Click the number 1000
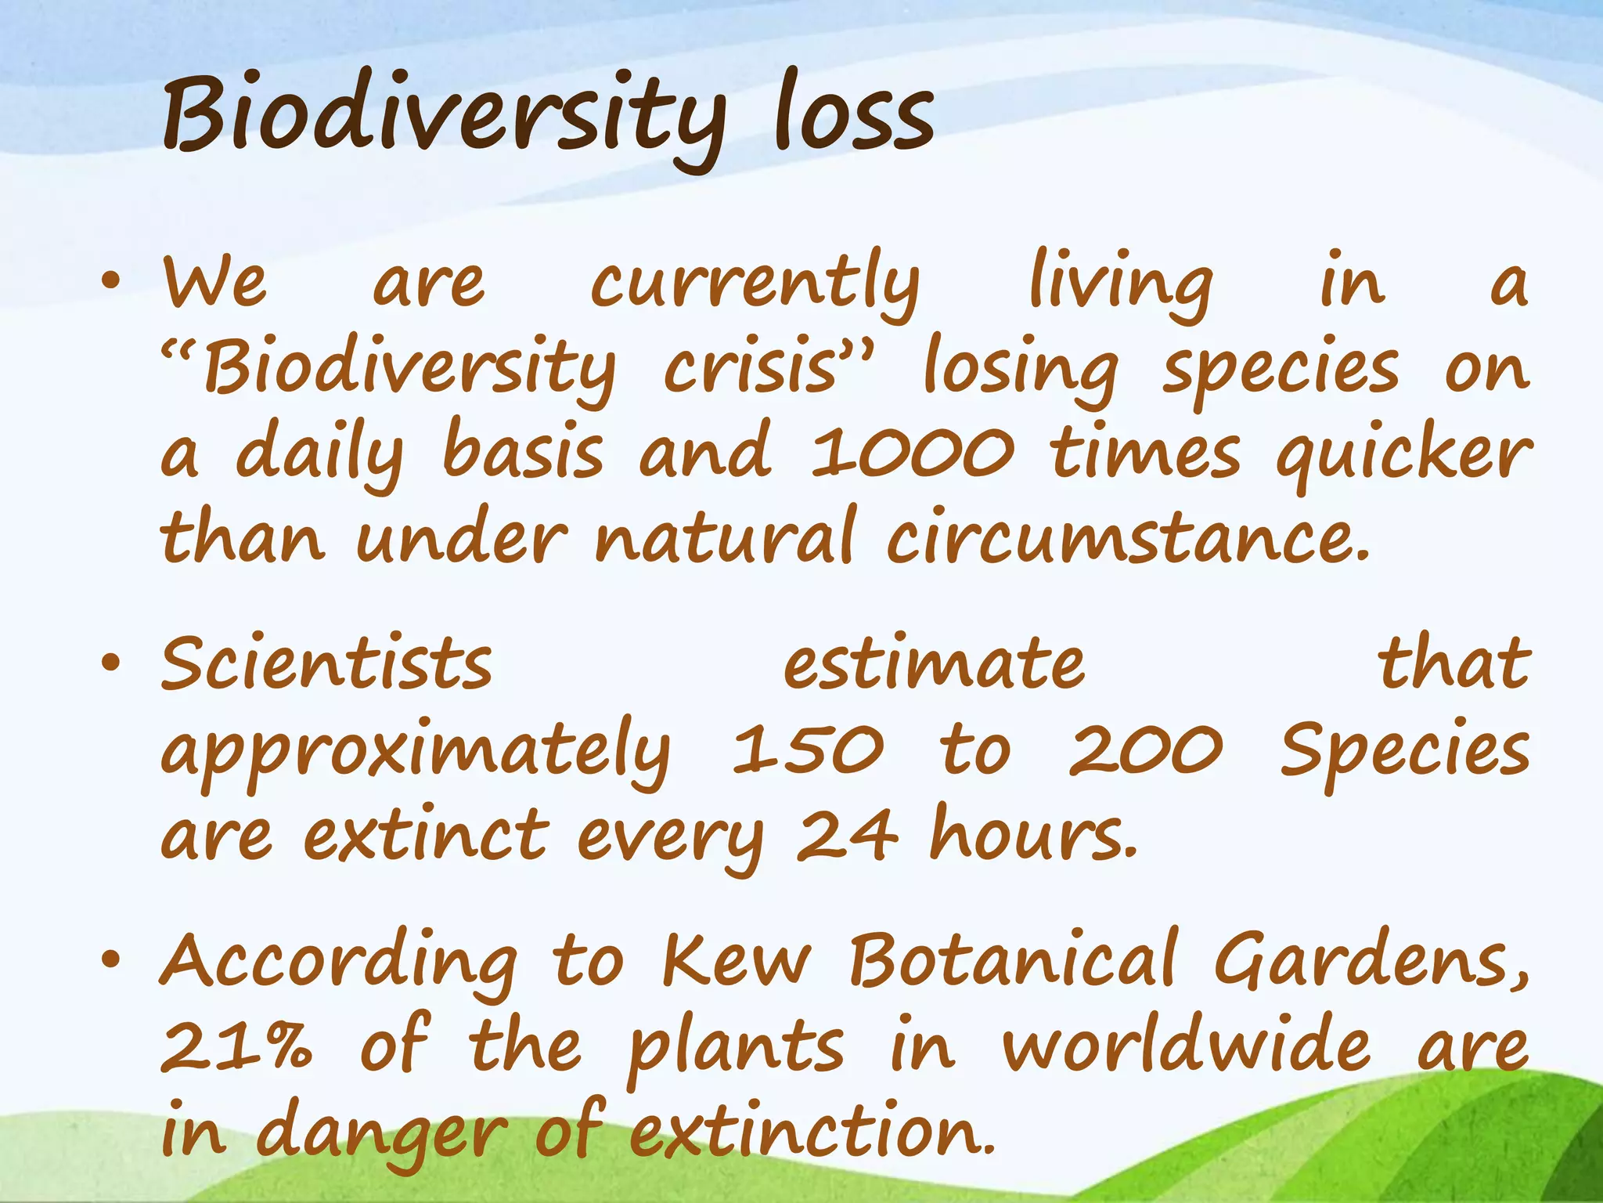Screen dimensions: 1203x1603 click(x=912, y=454)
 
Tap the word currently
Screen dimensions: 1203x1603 click(x=755, y=284)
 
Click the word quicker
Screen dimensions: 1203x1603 click(x=1403, y=456)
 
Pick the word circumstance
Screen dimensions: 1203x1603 click(x=1127, y=539)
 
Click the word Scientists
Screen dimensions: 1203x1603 click(x=327, y=664)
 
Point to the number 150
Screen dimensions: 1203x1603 click(x=808, y=750)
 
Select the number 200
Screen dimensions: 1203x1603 click(x=1145, y=750)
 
